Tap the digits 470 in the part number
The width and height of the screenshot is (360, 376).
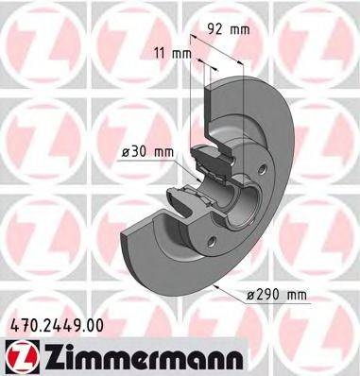[x=17, y=324]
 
